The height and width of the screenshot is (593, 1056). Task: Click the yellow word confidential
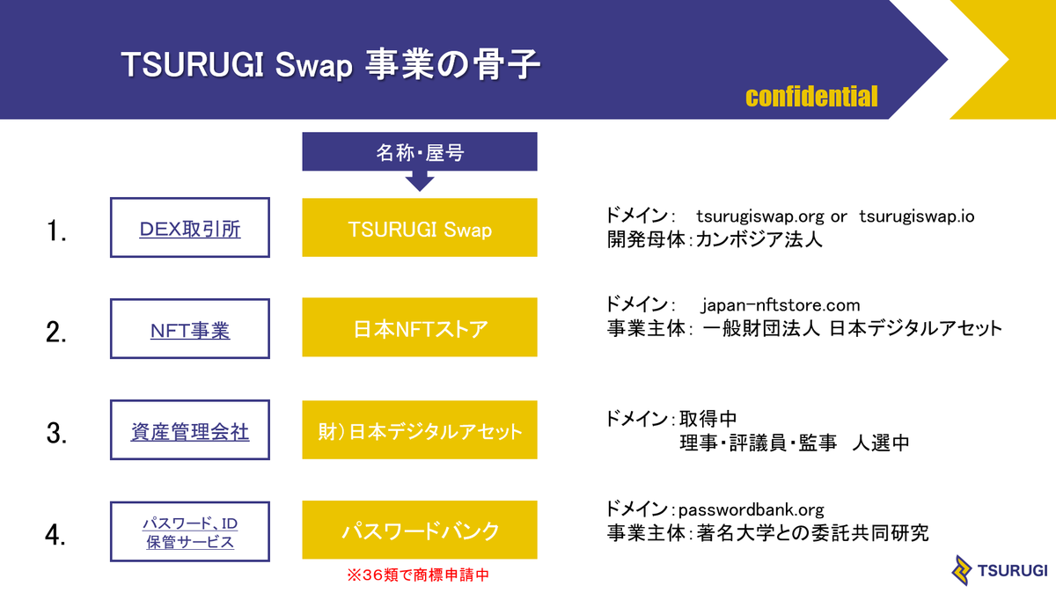pos(811,97)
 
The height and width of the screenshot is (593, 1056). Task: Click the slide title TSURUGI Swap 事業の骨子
pos(330,64)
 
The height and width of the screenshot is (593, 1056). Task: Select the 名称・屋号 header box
pos(420,151)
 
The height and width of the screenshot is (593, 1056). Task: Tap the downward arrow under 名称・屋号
pos(420,180)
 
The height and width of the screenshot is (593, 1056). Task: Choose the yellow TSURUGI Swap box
pos(420,228)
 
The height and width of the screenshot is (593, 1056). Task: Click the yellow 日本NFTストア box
pos(420,327)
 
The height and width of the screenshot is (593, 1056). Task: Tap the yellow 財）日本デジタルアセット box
pos(420,430)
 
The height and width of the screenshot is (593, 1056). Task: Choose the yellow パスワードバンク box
pos(420,530)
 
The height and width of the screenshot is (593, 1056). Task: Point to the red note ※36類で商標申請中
pos(418,575)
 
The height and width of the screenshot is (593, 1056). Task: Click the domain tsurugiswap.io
pos(916,216)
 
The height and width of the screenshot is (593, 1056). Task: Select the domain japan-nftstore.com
pos(781,305)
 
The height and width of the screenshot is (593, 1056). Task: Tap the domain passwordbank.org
pos(751,509)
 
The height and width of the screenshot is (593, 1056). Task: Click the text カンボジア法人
pos(759,239)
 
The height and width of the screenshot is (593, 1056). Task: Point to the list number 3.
pos(56,433)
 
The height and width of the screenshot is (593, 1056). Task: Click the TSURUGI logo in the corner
pos(999,570)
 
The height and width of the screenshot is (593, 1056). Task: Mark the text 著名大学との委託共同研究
pos(813,533)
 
